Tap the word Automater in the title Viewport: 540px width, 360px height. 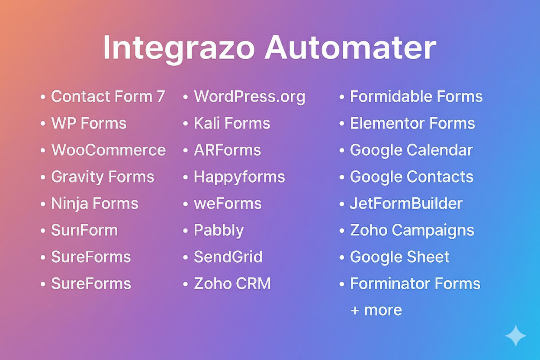point(350,48)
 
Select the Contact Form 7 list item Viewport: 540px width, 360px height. point(108,96)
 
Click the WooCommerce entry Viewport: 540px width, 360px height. point(108,150)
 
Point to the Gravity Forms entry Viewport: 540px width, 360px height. point(103,177)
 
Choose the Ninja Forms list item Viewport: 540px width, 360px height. point(95,204)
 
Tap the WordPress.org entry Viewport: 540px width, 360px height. point(250,96)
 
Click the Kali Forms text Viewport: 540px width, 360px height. point(232,123)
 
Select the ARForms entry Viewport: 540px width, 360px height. point(227,150)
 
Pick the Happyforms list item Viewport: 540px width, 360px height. point(239,177)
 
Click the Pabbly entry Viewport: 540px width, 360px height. point(219,231)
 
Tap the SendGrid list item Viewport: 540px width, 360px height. point(228,257)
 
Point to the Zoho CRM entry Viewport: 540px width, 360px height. point(232,284)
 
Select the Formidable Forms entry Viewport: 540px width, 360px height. point(416,96)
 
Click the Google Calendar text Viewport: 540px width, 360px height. point(411,150)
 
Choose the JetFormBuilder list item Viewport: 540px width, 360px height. point(406,204)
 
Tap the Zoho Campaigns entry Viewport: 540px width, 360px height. point(412,231)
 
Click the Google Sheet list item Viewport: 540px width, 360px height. point(400,257)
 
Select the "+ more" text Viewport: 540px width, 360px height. point(376,310)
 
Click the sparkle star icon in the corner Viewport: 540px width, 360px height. point(515,336)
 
